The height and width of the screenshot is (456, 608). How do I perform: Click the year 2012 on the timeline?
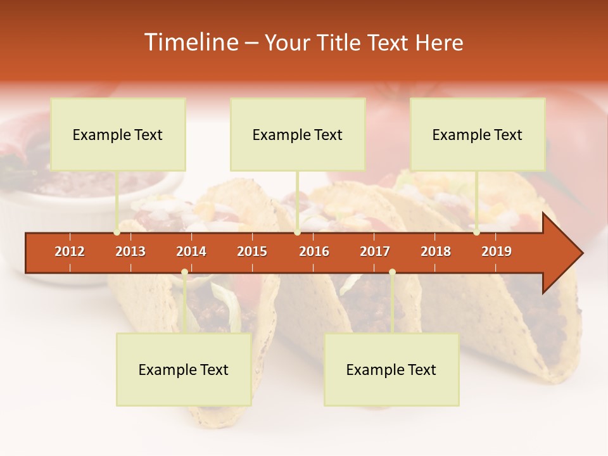pyautogui.click(x=70, y=251)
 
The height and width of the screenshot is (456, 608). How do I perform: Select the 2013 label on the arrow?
pyautogui.click(x=130, y=251)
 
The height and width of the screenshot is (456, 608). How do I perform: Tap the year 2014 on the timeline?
pyautogui.click(x=191, y=251)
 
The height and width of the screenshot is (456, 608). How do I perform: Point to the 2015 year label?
pyautogui.click(x=252, y=251)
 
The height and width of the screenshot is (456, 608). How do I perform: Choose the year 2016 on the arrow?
pyautogui.click(x=314, y=251)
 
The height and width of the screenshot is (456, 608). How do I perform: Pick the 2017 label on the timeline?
pyautogui.click(x=375, y=251)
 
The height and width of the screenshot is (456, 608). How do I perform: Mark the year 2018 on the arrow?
pyautogui.click(x=436, y=251)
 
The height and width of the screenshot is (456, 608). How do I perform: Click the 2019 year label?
pyautogui.click(x=497, y=251)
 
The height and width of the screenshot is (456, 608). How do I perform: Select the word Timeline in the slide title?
pyautogui.click(x=190, y=42)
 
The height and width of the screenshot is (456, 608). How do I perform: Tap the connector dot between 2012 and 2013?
pyautogui.click(x=117, y=232)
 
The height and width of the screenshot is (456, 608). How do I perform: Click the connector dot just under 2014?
pyautogui.click(x=184, y=272)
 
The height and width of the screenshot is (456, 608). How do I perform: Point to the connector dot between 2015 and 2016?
pyautogui.click(x=297, y=232)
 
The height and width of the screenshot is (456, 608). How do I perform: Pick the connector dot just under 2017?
pyautogui.click(x=392, y=272)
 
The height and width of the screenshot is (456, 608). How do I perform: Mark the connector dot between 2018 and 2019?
pyautogui.click(x=476, y=232)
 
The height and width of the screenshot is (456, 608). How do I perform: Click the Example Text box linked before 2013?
pyautogui.click(x=118, y=134)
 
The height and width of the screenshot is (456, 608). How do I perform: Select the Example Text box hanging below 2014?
pyautogui.click(x=184, y=369)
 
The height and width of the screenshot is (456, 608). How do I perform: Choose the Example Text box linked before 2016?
pyautogui.click(x=298, y=134)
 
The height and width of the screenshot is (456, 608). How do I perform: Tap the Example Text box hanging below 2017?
pyautogui.click(x=391, y=369)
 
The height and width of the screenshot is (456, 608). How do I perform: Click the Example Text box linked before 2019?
pyautogui.click(x=478, y=134)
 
